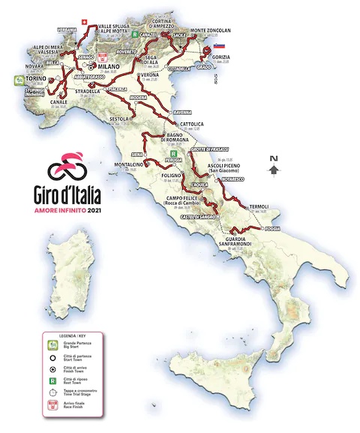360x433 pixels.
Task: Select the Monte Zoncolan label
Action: [x=208, y=29]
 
